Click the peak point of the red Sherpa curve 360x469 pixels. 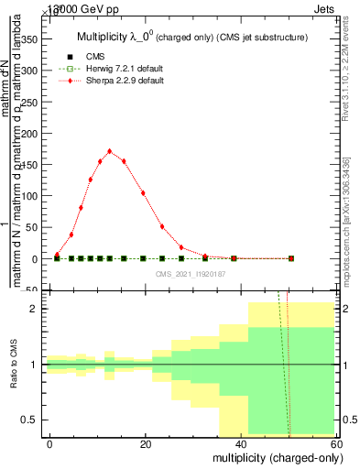pyautogui.click(x=110, y=151)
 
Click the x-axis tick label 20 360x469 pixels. pyautogui.click(x=146, y=444)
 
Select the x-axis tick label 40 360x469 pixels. pyautogui.click(x=241, y=444)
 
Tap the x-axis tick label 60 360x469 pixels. pyautogui.click(x=335, y=444)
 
